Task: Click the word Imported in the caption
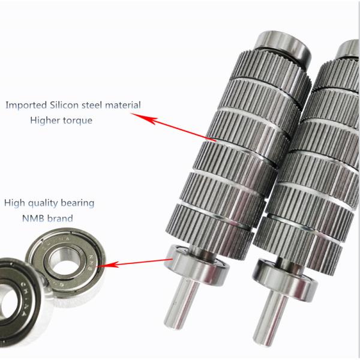tap(26, 105)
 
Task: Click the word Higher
tap(45, 120)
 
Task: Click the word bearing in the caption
tap(77, 203)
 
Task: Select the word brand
tap(60, 218)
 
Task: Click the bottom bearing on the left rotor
tap(197, 266)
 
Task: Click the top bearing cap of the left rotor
tap(283, 45)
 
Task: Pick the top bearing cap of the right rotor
tap(348, 49)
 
